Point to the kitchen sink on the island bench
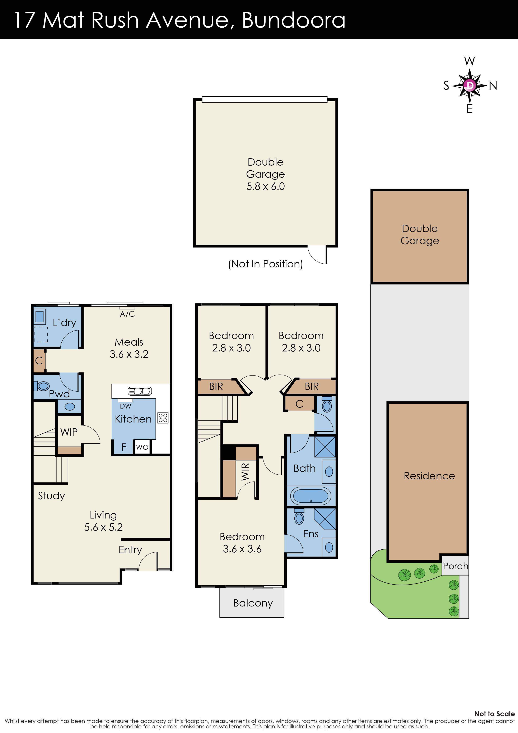point(140,391)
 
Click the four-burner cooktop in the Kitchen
point(163,418)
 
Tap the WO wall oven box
point(142,447)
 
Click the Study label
point(51,496)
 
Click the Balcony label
point(253,603)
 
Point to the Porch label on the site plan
point(456,566)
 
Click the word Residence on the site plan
point(429,476)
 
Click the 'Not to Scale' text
point(494,714)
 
